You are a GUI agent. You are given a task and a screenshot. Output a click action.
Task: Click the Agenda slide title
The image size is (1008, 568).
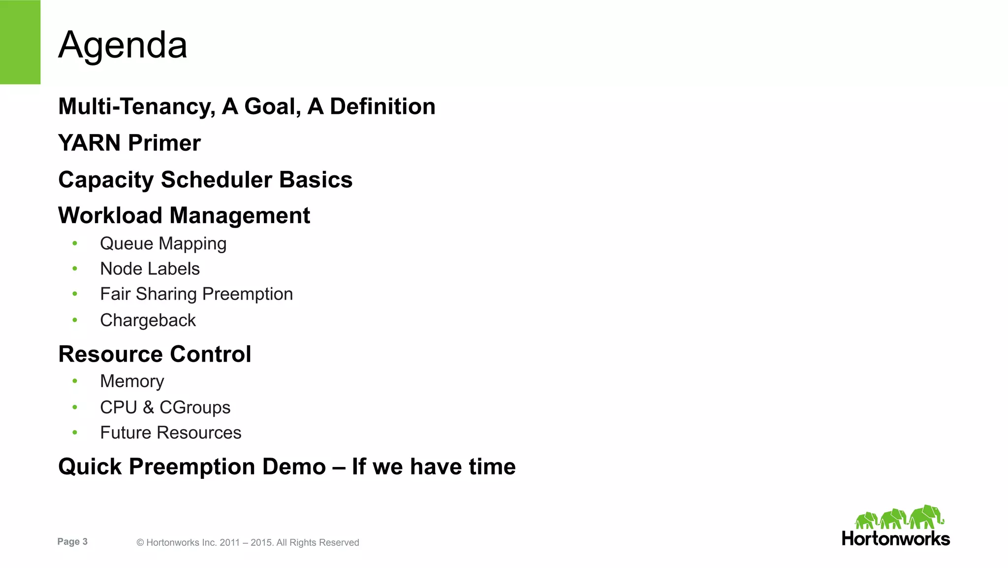click(x=123, y=45)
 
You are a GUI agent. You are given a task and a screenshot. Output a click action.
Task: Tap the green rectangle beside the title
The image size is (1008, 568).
click(x=20, y=42)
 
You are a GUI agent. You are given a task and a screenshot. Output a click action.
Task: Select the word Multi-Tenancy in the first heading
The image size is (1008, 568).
click(x=136, y=107)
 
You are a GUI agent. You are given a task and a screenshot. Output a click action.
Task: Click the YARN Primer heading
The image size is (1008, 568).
click(x=129, y=143)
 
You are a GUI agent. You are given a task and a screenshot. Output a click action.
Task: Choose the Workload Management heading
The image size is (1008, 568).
click(x=184, y=216)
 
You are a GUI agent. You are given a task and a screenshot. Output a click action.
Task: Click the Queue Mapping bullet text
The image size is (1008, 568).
click(x=163, y=244)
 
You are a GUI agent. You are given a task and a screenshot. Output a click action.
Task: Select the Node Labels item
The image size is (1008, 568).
click(x=150, y=269)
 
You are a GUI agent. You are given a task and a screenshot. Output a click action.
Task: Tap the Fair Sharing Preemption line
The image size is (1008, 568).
click(x=196, y=294)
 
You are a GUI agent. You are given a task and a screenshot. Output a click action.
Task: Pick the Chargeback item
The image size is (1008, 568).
click(x=148, y=320)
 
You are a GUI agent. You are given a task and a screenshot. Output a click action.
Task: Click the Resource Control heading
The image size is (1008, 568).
click(x=155, y=354)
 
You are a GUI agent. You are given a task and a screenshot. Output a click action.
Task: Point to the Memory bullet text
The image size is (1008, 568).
click(x=132, y=381)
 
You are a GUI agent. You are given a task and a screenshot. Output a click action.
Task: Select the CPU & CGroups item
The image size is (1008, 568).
click(x=165, y=407)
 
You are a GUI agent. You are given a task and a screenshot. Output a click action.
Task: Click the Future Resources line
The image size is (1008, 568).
click(x=170, y=433)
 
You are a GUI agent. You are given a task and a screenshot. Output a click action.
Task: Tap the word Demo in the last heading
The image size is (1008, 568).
click(x=294, y=467)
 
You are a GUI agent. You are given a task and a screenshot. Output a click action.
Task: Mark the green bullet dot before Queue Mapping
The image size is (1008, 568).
click(x=75, y=243)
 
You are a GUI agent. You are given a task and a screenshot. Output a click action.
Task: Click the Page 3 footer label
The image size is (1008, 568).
click(x=72, y=542)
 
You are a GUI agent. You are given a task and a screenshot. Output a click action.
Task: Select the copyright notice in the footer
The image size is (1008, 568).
click(x=248, y=542)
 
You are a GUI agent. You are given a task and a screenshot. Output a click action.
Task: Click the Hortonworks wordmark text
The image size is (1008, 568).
click(x=896, y=538)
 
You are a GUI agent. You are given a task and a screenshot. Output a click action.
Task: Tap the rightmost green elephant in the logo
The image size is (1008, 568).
click(x=926, y=517)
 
